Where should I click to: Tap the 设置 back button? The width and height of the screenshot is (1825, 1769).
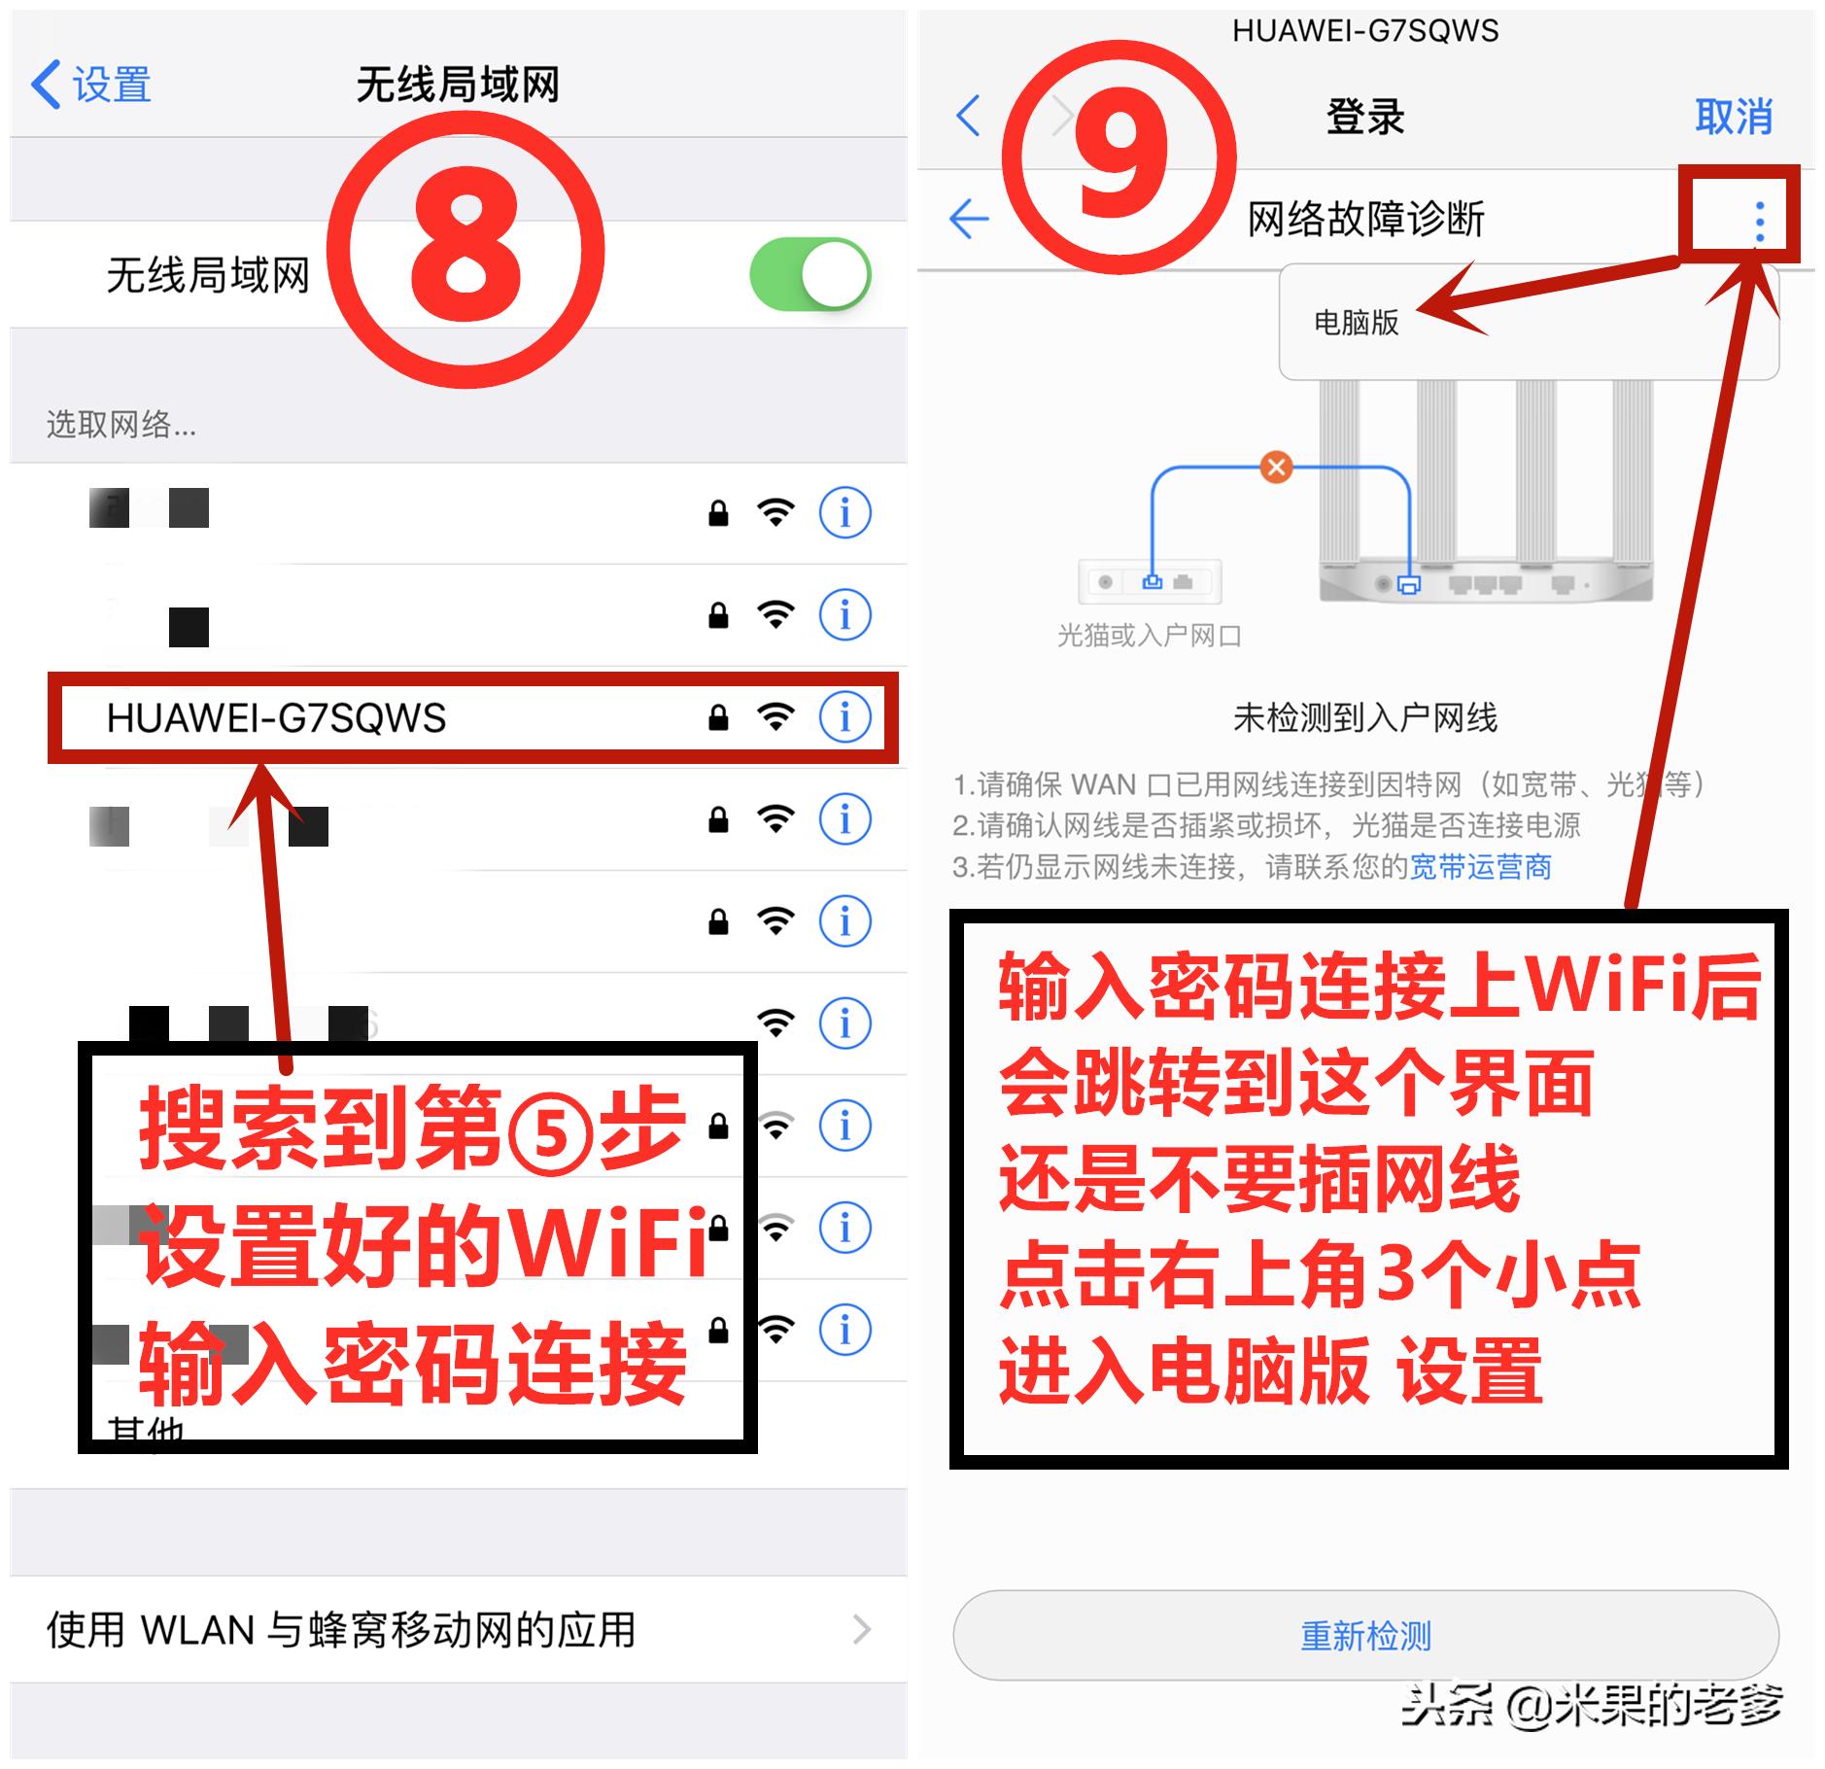tap(92, 85)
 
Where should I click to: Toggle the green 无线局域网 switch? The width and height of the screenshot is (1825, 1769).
tap(809, 275)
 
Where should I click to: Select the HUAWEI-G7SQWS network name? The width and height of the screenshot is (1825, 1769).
tap(276, 718)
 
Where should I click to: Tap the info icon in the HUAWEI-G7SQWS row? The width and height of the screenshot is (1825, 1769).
tap(844, 717)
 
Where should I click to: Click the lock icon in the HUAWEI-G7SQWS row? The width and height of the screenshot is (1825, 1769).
tap(718, 718)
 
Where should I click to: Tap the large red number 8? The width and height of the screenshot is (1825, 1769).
tap(465, 250)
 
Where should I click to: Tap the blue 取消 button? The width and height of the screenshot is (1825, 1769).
tap(1733, 117)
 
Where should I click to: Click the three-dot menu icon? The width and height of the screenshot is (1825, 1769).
tap(1759, 222)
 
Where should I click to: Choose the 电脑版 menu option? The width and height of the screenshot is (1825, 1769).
tap(1356, 323)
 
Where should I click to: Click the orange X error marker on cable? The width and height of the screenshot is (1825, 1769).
tap(1276, 468)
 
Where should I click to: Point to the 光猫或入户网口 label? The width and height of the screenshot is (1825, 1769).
tap(1149, 636)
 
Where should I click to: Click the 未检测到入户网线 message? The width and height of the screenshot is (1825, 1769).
tap(1364, 718)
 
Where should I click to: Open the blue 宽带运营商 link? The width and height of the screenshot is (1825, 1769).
tap(1480, 866)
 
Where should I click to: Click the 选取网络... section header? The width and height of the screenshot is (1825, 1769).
tap(121, 425)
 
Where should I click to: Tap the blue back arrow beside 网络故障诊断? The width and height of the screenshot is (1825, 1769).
tap(969, 219)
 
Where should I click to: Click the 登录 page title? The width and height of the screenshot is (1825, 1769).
tap(1364, 118)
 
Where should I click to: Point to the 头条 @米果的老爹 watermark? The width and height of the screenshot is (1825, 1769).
tap(1591, 1705)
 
